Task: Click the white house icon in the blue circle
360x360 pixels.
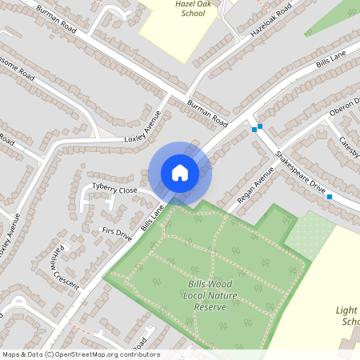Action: (x=180, y=173)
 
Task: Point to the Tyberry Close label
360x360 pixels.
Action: (x=114, y=190)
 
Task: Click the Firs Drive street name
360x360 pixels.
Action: (x=116, y=233)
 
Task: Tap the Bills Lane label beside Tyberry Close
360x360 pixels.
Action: (x=152, y=216)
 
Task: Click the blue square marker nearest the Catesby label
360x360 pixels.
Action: (x=330, y=196)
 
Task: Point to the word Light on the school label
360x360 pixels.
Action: (x=346, y=309)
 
